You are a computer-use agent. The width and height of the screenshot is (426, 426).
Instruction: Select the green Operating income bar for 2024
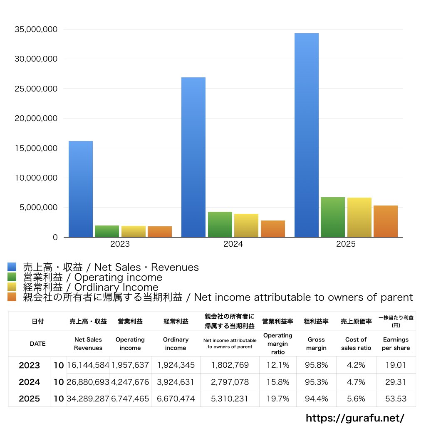click(220, 225)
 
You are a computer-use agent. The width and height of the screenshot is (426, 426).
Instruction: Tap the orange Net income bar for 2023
click(160, 232)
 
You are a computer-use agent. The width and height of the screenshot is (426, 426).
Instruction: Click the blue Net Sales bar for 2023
click(81, 189)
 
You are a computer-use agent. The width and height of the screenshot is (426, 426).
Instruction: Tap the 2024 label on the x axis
click(233, 244)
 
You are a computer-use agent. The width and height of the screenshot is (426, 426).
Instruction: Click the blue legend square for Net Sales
click(12, 267)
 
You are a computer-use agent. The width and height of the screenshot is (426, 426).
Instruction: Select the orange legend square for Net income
click(12, 297)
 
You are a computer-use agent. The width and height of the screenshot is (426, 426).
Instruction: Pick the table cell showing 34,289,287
click(88, 399)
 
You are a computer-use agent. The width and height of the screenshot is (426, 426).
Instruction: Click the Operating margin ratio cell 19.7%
click(277, 399)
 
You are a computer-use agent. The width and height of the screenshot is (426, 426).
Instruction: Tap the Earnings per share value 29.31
click(396, 382)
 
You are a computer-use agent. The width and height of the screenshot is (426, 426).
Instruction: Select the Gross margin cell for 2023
click(316, 365)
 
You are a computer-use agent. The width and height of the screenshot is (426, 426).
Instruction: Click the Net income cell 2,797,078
click(230, 382)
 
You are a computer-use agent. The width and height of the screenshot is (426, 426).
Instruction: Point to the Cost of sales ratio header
click(356, 344)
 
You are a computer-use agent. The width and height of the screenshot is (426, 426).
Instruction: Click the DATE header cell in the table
click(37, 344)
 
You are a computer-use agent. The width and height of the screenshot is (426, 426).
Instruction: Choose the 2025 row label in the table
click(30, 399)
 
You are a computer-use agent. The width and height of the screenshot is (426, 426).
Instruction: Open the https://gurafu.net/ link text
click(355, 418)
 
